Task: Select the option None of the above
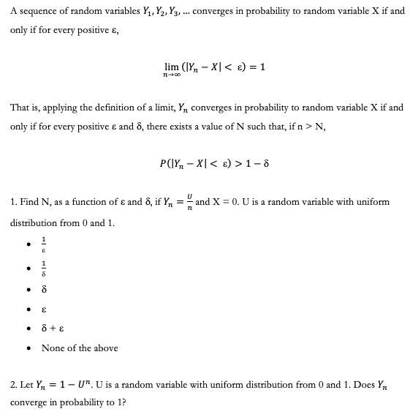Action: (x=80, y=348)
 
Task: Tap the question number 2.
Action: (x=14, y=383)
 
